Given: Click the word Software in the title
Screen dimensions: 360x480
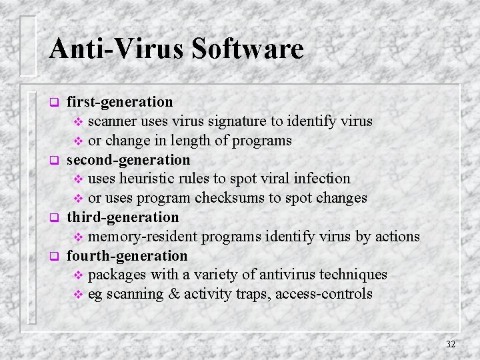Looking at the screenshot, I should (247, 49).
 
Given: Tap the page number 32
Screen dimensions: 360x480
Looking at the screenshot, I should (451, 344).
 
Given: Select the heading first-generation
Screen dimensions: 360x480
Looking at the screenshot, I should (120, 102).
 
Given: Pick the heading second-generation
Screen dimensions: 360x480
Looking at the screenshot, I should (129, 160).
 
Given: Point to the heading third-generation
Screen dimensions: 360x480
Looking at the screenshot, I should (123, 217).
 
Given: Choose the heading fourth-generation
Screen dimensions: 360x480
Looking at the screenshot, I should (127, 256).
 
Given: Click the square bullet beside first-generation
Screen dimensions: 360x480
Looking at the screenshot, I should (55, 103).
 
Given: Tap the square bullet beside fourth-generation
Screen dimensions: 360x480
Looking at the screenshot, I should (55, 257).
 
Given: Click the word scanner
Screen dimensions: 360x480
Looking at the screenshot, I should (113, 121).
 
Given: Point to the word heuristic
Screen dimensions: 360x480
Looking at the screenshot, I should (150, 179).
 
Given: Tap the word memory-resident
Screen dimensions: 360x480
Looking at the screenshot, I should (143, 237).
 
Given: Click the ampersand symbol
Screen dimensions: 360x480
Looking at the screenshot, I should (175, 294).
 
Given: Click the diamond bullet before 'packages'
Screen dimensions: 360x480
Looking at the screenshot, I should (78, 275).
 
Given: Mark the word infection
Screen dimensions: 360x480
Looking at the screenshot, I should (322, 179).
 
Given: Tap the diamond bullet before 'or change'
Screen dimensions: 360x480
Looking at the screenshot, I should (78, 141).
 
